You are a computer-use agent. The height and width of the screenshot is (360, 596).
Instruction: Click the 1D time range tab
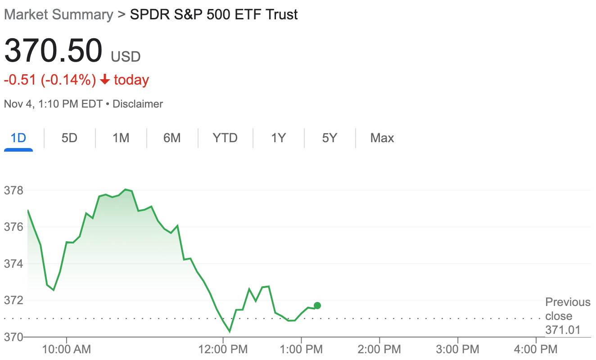coord(18,138)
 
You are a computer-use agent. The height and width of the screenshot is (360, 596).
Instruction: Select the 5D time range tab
coord(69,138)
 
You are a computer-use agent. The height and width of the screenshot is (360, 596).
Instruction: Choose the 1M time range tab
coord(121,138)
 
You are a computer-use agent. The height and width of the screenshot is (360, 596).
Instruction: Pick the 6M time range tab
coord(172,138)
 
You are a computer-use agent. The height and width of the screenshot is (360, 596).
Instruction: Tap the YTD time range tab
coord(225,138)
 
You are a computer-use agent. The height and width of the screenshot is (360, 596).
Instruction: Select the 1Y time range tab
coord(278,138)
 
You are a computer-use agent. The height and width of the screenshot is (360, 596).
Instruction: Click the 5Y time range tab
coord(330,138)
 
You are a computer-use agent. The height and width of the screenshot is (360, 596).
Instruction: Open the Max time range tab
coord(382,138)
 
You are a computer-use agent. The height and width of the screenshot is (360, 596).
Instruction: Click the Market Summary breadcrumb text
coord(59,15)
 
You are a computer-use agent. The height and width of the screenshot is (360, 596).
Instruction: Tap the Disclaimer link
coord(138,104)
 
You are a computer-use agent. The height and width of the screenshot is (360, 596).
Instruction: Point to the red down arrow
coord(105,80)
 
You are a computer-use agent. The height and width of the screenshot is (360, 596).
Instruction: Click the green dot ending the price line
coord(317,306)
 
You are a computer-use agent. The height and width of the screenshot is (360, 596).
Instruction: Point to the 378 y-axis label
coord(14,190)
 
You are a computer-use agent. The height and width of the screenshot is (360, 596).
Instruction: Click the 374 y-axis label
coord(14,264)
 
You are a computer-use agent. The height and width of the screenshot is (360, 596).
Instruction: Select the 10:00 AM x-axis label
coord(67,349)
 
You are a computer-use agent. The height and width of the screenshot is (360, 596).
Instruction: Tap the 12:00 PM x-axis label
coord(223,349)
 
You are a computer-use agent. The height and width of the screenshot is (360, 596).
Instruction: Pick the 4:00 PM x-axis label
coord(536,349)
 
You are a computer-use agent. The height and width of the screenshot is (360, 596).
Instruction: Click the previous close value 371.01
coord(563,330)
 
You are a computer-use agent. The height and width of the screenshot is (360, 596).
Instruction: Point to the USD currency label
coord(126,57)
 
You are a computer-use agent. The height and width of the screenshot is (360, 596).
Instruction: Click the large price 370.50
coord(53,50)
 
